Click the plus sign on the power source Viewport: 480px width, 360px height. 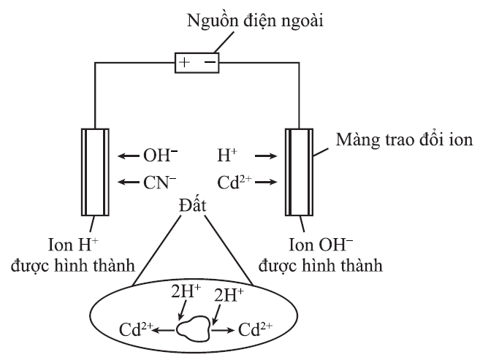click(184, 62)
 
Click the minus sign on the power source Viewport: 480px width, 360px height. click(210, 62)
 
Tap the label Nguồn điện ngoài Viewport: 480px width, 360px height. click(255, 20)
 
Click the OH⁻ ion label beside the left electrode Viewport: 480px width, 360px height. click(161, 156)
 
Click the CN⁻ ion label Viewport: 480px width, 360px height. click(160, 183)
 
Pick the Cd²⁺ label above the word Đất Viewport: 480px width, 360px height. click(235, 183)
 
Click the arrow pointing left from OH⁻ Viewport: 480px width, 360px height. click(129, 156)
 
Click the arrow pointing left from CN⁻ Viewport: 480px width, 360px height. click(129, 183)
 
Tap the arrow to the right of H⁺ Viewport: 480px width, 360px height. click(266, 156)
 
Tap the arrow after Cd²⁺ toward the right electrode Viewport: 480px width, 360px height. click(266, 183)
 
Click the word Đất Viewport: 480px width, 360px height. click(193, 204)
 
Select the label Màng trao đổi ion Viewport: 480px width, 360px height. click(405, 139)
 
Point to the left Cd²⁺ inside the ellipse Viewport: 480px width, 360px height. click(136, 329)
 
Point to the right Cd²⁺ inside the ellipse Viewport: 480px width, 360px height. click(255, 329)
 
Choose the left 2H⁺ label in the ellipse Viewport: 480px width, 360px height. click(186, 291)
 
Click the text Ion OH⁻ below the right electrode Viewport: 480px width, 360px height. click(321, 245)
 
